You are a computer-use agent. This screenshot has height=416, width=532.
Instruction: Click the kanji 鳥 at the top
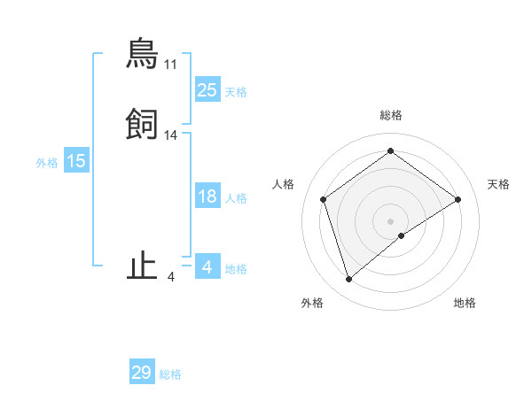[142, 55]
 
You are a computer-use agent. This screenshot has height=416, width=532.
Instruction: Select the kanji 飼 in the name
[142, 126]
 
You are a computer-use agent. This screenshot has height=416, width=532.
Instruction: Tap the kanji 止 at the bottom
[142, 266]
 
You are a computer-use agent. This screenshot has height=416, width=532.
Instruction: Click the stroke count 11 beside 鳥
[171, 65]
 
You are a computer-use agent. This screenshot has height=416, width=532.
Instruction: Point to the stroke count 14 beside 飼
[171, 135]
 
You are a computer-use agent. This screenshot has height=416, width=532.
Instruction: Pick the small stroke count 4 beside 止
[171, 277]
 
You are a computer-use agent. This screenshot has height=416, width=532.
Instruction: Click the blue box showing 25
[207, 90]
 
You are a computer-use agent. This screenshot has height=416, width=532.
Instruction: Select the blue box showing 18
[207, 196]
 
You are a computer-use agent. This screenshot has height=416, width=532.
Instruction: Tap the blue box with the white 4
[207, 266]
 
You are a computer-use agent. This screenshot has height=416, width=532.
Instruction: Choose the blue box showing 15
[76, 161]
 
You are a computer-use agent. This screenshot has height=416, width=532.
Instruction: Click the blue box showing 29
[142, 373]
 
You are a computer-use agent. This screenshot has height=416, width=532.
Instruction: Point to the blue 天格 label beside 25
[236, 92]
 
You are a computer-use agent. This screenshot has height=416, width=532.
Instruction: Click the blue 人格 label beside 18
[236, 198]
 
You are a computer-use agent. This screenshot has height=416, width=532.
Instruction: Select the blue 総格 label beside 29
[170, 374]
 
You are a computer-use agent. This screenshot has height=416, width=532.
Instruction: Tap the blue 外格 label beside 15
[47, 163]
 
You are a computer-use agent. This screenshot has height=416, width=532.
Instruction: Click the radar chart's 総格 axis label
[391, 115]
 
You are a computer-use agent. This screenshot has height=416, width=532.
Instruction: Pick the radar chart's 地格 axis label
[465, 303]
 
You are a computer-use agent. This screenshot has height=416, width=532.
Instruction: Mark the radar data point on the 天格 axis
[458, 199]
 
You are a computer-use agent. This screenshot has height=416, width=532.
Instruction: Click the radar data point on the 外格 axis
[349, 280]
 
